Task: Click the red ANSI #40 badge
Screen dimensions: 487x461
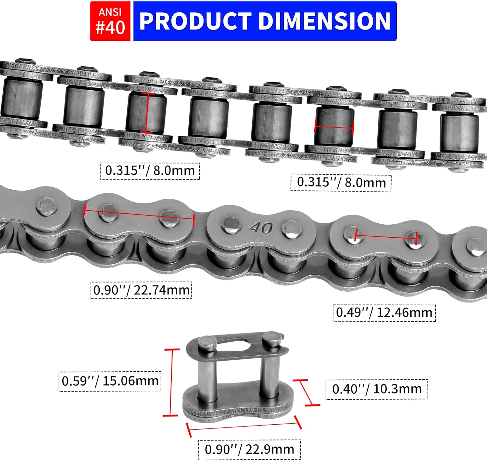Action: tap(110, 21)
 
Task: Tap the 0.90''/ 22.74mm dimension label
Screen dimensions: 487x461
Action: tap(141, 290)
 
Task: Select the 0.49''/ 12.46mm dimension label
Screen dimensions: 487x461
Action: tap(384, 313)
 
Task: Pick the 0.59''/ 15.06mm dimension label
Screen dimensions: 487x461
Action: tap(110, 381)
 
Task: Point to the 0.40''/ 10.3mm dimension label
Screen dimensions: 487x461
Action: tap(377, 389)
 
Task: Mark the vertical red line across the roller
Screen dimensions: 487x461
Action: tap(147, 112)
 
